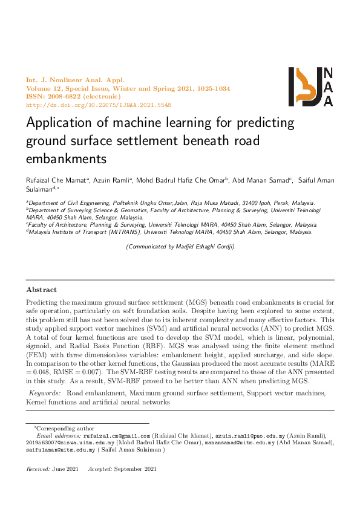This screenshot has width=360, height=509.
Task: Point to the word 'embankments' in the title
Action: pyautogui.click(x=66, y=159)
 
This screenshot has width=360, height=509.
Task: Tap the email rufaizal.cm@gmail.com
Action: pyautogui.click(x=116, y=435)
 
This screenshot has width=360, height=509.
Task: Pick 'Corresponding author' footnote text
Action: pyautogui.click(x=61, y=428)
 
